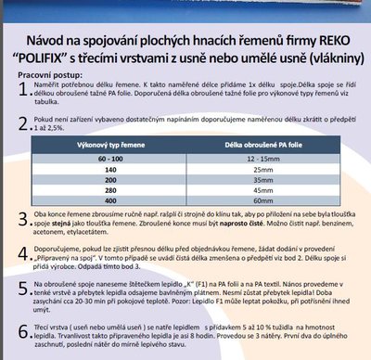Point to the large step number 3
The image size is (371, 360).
pyautogui.click(x=25, y=220)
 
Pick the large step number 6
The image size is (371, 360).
pyautogui.click(x=25, y=331)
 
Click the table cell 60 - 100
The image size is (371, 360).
pyautogui.click(x=118, y=163)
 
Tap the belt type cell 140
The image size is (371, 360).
pyautogui.click(x=118, y=173)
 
